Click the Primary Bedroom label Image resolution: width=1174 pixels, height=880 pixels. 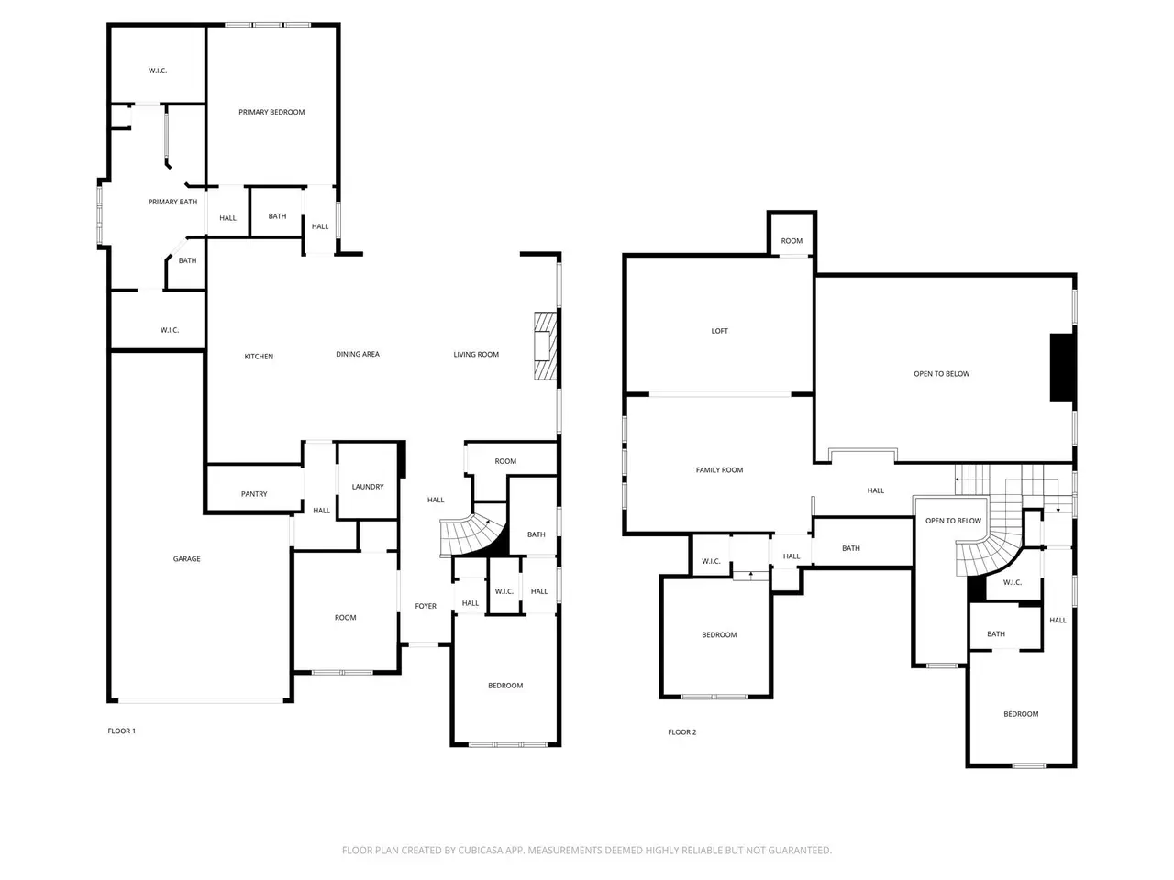(271, 112)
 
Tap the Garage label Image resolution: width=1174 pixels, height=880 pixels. (187, 559)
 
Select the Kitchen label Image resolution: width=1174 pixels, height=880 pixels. (259, 357)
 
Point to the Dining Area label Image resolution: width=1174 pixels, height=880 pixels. (358, 354)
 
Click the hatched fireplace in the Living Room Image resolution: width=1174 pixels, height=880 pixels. (545, 346)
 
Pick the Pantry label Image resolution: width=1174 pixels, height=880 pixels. (254, 494)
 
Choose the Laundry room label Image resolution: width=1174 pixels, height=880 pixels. (368, 487)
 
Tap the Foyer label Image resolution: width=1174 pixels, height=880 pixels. (426, 606)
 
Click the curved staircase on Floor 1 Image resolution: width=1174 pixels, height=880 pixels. (471, 535)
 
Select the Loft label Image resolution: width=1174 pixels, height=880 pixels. (719, 331)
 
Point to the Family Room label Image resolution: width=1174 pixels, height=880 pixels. (719, 470)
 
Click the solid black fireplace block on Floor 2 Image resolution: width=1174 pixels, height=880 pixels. (1062, 367)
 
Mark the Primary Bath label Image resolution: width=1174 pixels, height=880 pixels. (172, 202)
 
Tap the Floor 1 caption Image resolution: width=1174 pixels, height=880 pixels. (121, 731)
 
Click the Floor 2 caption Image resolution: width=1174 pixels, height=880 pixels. (682, 732)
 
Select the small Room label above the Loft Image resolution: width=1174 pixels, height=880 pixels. (792, 241)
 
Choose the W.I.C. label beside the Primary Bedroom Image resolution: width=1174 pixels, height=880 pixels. (158, 71)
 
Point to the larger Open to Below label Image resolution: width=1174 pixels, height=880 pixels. (941, 374)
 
